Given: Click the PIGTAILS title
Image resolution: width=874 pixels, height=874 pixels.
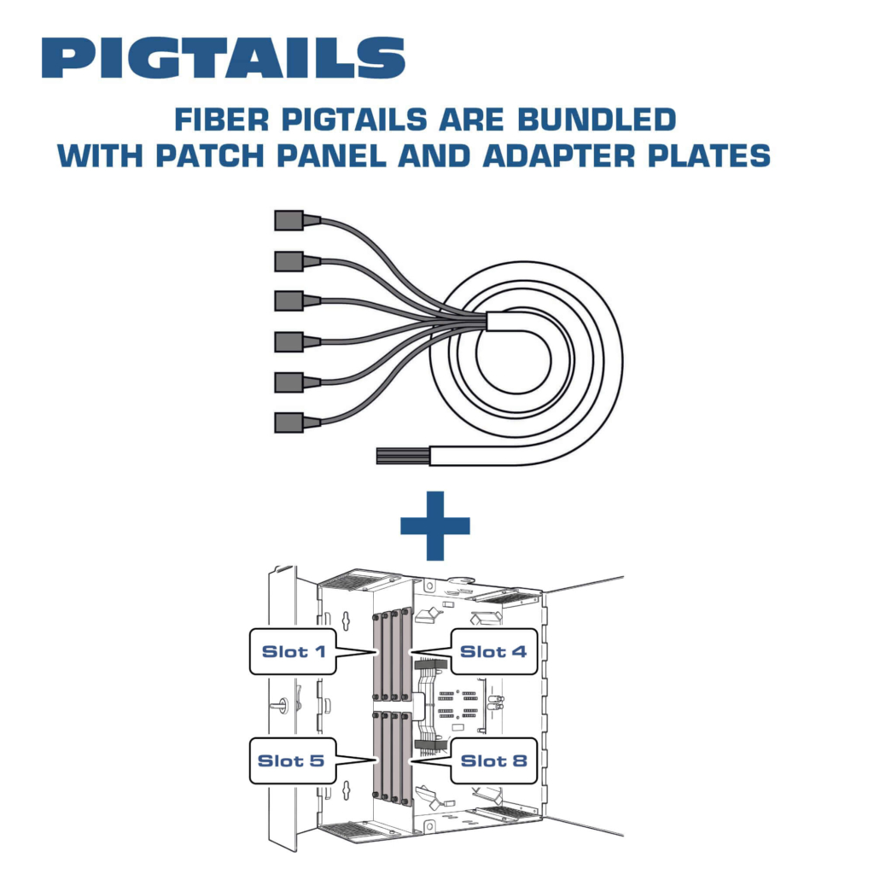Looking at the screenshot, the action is point(224,57).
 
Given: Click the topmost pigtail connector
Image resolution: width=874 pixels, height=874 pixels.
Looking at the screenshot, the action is point(297,220).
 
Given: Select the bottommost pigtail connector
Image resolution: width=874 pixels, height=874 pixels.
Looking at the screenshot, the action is point(297,422).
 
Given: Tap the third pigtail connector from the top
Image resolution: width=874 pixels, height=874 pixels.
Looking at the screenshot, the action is point(297,301).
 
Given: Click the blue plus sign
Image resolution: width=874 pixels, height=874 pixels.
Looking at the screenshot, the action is point(435,526).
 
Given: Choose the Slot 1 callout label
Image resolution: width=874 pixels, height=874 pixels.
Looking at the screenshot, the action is point(294,651).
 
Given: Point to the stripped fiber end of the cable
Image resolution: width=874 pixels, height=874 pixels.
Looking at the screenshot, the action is point(403,456).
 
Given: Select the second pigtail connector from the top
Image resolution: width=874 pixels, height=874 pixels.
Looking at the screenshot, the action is point(297,261).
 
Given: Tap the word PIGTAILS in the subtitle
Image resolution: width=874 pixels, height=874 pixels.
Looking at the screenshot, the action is point(354,119).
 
